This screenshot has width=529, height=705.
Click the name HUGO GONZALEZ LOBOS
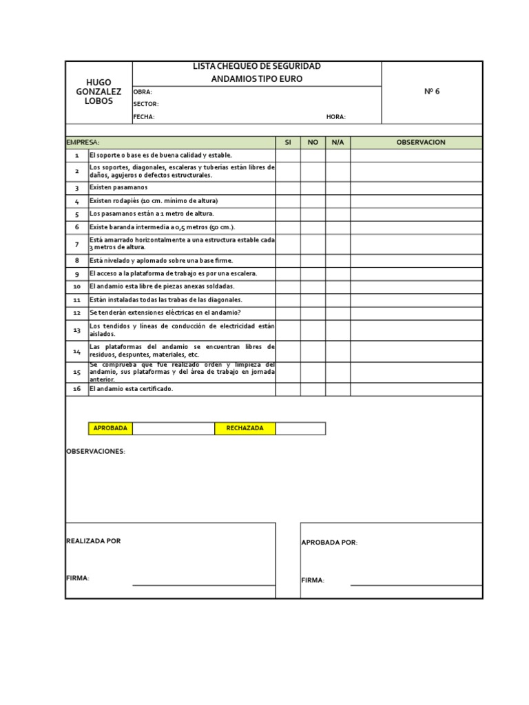tap(98, 92)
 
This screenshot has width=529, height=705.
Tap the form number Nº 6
tap(432, 92)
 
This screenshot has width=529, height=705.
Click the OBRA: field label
tap(143, 92)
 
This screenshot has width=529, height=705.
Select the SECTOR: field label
tap(145, 104)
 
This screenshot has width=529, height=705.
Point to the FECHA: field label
tap(144, 117)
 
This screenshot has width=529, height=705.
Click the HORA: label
tap(336, 117)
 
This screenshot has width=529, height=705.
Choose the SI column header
tap(288, 143)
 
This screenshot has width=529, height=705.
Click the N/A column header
tap(338, 143)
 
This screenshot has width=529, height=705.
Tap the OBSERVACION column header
tap(420, 143)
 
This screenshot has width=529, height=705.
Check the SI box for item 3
tap(288, 188)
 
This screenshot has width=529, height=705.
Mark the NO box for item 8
tap(313, 261)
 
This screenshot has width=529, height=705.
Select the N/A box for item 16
tap(338, 389)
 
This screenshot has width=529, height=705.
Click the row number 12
tap(77, 313)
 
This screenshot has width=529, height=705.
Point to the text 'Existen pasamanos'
tap(118, 188)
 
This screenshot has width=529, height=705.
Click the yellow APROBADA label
tap(110, 428)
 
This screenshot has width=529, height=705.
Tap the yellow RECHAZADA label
tap(245, 428)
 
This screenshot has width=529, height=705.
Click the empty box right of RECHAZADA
tap(300, 428)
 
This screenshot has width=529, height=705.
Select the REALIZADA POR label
tap(93, 541)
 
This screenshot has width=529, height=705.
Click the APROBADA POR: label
tap(329, 543)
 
